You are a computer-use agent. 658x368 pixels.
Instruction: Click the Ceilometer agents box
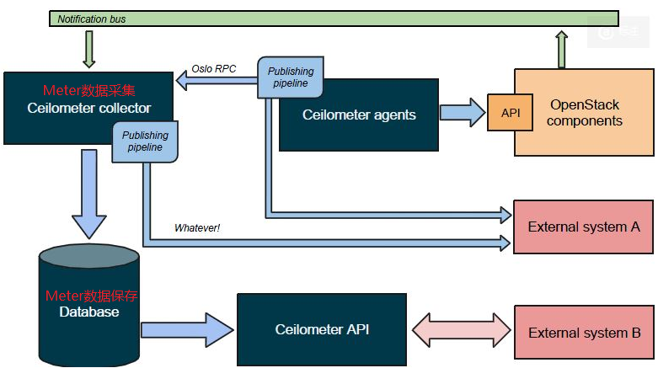[x=359, y=115]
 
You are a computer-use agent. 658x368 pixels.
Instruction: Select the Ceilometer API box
[x=322, y=329]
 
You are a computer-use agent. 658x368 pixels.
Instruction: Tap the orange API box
[x=511, y=113]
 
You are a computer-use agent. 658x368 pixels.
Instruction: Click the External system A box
[x=583, y=227]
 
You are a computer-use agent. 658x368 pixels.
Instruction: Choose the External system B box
[x=583, y=332]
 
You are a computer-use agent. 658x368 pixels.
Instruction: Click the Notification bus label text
[x=92, y=19]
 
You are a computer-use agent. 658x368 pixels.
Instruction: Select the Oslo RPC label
[x=214, y=68]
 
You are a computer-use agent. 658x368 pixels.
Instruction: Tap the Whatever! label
[x=196, y=227]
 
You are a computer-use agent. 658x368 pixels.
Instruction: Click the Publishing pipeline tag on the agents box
[x=291, y=77]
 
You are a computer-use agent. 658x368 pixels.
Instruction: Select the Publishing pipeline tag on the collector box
[x=145, y=141]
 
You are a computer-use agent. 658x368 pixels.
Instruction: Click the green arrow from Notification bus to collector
[x=90, y=51]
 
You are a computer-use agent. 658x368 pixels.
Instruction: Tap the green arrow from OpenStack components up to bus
[x=562, y=50]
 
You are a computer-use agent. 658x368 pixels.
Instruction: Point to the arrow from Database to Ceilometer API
[x=187, y=329]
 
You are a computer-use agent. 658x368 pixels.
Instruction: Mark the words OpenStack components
[x=585, y=113]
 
